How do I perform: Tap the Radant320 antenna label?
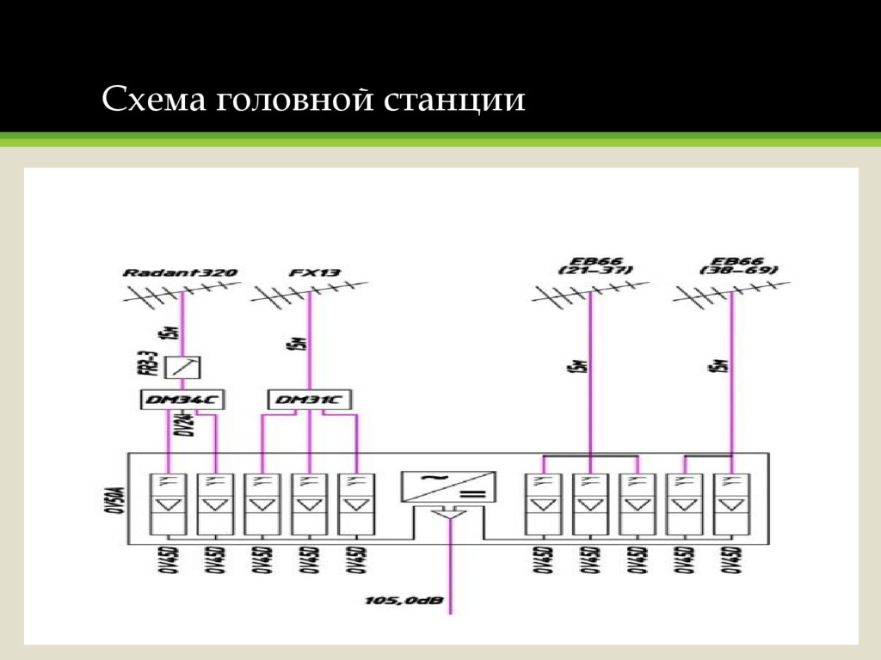(x=181, y=272)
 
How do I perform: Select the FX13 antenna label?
(x=315, y=272)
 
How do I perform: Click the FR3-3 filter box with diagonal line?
(x=184, y=368)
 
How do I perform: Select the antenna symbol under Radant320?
(x=182, y=295)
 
